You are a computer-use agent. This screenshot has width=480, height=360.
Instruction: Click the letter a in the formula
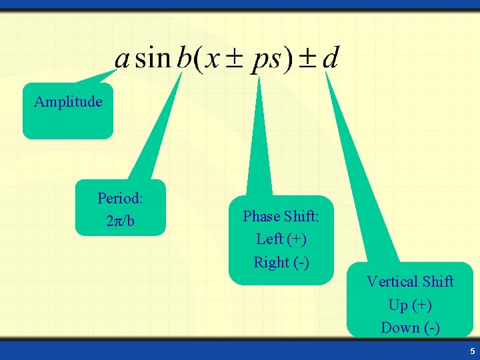pyautogui.click(x=122, y=59)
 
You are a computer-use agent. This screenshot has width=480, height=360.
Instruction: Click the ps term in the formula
pyautogui.click(x=267, y=59)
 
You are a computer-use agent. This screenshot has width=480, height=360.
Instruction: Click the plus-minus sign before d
pyautogui.click(x=307, y=58)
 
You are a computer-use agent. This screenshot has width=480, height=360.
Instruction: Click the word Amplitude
pyautogui.click(x=68, y=102)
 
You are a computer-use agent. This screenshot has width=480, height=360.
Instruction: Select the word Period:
pyautogui.click(x=121, y=198)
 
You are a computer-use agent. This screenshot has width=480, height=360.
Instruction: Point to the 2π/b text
pyautogui.click(x=120, y=221)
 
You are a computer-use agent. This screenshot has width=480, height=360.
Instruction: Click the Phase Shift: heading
pyautogui.click(x=281, y=216)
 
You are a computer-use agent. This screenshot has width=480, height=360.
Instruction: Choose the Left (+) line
pyautogui.click(x=281, y=239)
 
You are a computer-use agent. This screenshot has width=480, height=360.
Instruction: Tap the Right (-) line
pyautogui.click(x=281, y=262)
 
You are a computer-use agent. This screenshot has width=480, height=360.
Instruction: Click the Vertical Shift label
pyautogui.click(x=410, y=281)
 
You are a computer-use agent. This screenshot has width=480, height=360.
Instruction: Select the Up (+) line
pyautogui.click(x=410, y=305)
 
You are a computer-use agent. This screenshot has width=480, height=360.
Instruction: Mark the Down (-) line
pyautogui.click(x=410, y=327)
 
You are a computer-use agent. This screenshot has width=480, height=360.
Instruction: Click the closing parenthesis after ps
pyautogui.click(x=288, y=58)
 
